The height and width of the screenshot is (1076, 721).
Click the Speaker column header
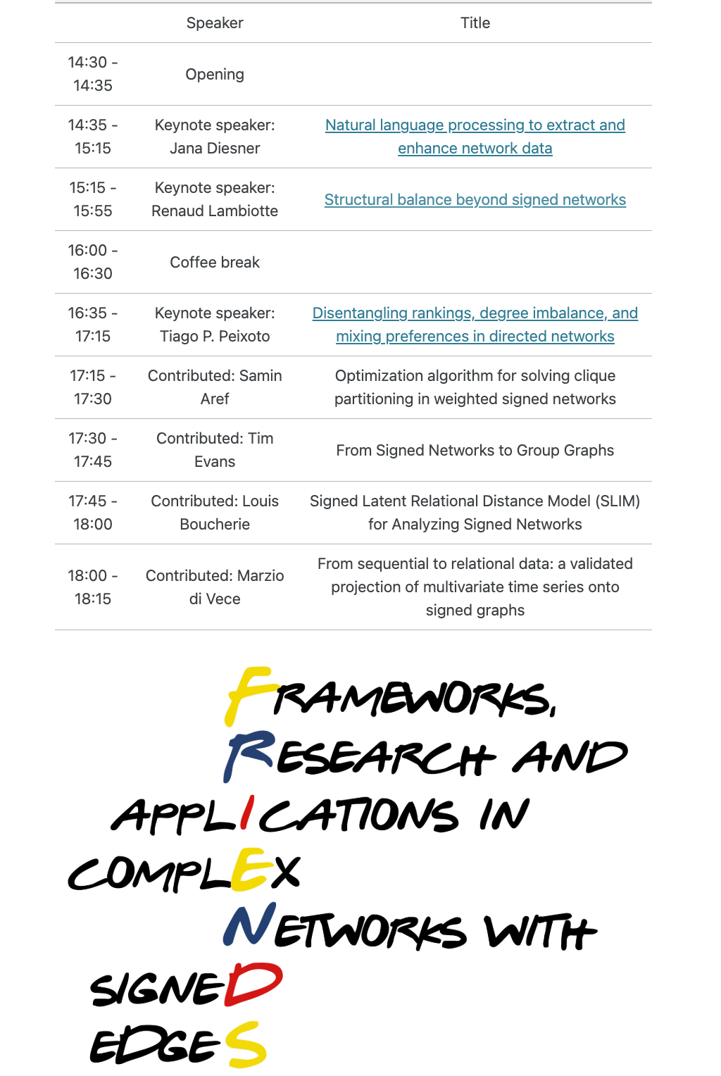pyautogui.click(x=215, y=23)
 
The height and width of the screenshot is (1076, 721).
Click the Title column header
pyautogui.click(x=475, y=23)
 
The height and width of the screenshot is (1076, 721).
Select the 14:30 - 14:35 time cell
pyautogui.click(x=93, y=74)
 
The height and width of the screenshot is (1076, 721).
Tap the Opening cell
pyautogui.click(x=215, y=75)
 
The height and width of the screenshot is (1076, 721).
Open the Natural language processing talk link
pyautogui.click(x=475, y=125)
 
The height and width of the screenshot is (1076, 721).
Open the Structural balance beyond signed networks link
pyautogui.click(x=475, y=200)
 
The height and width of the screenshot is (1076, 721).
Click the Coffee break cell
pyautogui.click(x=215, y=263)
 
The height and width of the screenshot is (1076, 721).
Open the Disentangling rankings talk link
pyautogui.click(x=475, y=313)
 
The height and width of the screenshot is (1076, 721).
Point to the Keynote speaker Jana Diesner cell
pyautogui.click(x=215, y=137)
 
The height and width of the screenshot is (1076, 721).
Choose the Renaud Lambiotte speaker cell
pyautogui.click(x=215, y=199)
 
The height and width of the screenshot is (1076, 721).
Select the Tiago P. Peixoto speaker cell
pyautogui.click(x=215, y=325)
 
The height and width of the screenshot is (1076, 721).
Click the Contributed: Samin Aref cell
pyautogui.click(x=215, y=387)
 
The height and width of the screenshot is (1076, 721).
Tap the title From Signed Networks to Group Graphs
pyautogui.click(x=475, y=451)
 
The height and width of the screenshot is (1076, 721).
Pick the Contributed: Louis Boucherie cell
pyautogui.click(x=215, y=513)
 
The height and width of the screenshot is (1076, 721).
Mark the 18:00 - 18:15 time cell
pyautogui.click(x=93, y=587)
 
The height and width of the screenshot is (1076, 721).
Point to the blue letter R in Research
pyautogui.click(x=248, y=755)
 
